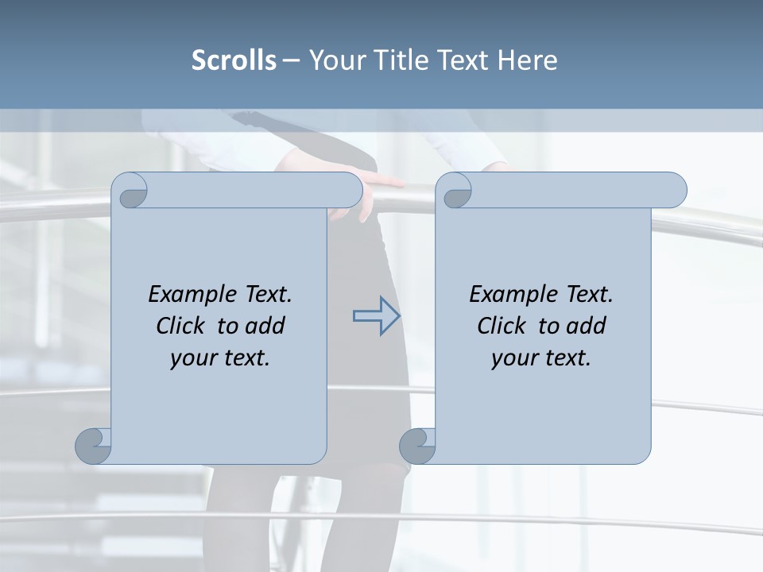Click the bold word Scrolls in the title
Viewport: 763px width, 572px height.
[x=234, y=60]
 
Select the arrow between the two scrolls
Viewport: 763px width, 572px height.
[x=376, y=315]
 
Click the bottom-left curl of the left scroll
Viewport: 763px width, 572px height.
[x=94, y=446]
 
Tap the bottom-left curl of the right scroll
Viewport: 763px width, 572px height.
[x=417, y=446]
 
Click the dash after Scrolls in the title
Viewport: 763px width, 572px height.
[x=291, y=60]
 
